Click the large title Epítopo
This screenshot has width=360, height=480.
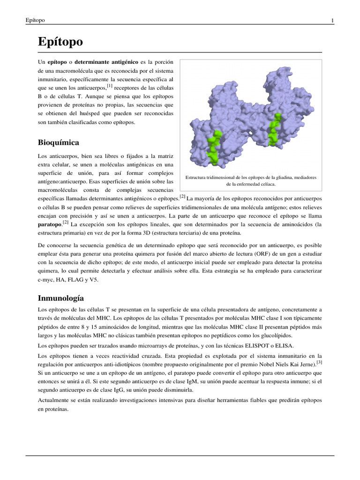60,42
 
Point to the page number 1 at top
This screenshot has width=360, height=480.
332,20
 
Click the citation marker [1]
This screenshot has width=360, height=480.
110,86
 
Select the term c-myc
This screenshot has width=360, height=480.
46,280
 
